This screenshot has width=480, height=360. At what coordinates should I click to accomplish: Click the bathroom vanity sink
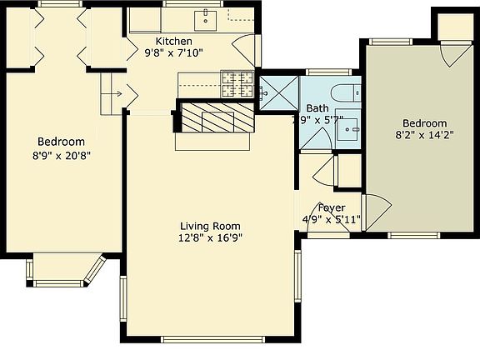(x=352, y=127)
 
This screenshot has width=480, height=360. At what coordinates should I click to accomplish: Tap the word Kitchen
(x=173, y=42)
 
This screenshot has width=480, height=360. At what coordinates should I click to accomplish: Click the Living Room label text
(x=210, y=226)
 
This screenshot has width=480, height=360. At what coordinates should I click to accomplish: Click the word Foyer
(x=332, y=207)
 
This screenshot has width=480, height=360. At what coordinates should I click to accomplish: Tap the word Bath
(x=317, y=108)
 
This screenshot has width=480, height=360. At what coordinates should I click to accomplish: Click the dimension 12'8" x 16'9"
(x=210, y=238)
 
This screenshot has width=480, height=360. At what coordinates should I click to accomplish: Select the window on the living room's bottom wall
(x=207, y=339)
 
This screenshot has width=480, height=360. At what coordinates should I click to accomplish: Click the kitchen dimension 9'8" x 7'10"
(x=173, y=53)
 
